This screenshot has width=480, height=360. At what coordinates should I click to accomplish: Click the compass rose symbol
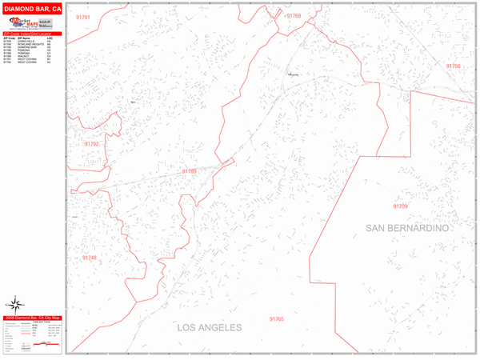(x=15, y=303)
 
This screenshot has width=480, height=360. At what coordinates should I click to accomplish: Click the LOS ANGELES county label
(x=209, y=328)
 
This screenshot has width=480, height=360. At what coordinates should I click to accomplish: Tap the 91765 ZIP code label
(x=277, y=318)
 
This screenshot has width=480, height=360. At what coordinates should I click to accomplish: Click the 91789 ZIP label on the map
(x=189, y=170)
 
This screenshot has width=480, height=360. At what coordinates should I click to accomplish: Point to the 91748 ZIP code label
(x=89, y=258)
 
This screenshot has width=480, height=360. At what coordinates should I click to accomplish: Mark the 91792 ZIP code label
(x=91, y=144)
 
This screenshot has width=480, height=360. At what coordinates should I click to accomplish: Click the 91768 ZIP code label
(x=294, y=16)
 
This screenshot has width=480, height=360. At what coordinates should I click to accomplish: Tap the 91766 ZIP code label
(x=454, y=66)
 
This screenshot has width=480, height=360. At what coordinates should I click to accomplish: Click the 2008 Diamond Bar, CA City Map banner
(x=32, y=318)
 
